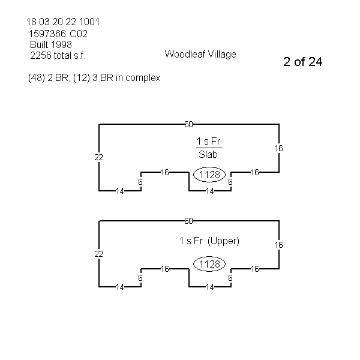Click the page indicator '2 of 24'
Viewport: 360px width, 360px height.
click(302, 62)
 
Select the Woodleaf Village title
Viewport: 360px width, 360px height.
click(200, 54)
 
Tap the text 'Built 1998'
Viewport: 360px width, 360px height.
click(51, 45)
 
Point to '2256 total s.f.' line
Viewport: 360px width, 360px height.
click(58, 56)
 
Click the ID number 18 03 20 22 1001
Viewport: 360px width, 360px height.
click(63, 22)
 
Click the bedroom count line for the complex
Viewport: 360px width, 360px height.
click(94, 78)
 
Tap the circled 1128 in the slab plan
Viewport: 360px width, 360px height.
click(210, 175)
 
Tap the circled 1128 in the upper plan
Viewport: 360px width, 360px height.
click(210, 265)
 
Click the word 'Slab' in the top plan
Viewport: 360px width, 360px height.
click(209, 154)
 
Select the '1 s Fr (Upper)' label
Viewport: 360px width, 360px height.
click(209, 241)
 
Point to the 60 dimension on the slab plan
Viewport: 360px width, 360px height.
click(188, 124)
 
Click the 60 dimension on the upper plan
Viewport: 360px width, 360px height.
click(188, 221)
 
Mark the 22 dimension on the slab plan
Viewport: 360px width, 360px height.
click(99, 157)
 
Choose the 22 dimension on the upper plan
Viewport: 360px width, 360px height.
click(99, 254)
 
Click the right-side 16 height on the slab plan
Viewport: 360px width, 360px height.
click(279, 148)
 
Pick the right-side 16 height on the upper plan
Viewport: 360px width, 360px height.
click(279, 245)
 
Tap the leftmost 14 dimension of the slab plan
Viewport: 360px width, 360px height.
click(119, 191)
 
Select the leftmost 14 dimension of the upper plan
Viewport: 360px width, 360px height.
click(119, 287)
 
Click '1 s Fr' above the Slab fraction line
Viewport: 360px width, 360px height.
click(209, 141)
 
